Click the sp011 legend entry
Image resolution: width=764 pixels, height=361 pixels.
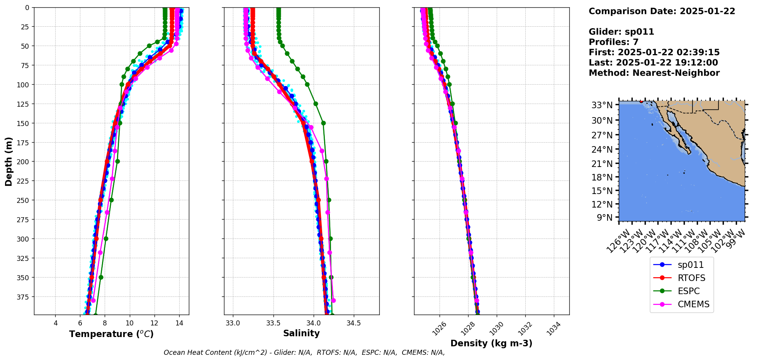pyautogui.click(x=690, y=265)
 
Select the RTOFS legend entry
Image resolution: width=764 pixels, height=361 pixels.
pyautogui.click(x=691, y=278)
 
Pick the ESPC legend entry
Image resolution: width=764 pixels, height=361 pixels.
pyautogui.click(x=688, y=291)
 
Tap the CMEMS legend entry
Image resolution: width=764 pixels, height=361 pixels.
pyautogui.click(x=693, y=304)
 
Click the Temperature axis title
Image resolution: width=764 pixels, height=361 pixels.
pyautogui.click(x=111, y=334)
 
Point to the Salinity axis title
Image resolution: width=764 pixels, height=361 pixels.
pyautogui.click(x=301, y=333)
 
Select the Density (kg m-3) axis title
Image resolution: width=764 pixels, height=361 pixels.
pyautogui.click(x=491, y=343)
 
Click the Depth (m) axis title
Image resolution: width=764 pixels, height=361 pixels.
pyautogui.click(x=8, y=161)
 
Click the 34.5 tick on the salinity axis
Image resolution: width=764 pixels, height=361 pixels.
pyautogui.click(x=354, y=323)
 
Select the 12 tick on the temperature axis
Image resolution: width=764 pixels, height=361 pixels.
pyautogui.click(x=154, y=323)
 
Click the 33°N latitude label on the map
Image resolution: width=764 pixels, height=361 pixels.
pyautogui.click(x=602, y=105)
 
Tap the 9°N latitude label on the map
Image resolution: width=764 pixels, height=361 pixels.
pyautogui.click(x=604, y=218)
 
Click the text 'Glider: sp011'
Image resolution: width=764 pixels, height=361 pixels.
pyautogui.click(x=621, y=32)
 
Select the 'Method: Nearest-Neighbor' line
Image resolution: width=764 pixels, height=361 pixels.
pyautogui.click(x=654, y=73)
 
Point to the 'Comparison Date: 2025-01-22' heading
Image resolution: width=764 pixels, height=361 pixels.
pyautogui.click(x=662, y=11)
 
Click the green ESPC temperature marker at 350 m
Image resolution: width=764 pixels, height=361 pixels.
pyautogui.click(x=101, y=277)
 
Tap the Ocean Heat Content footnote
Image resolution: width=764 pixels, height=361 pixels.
pyautogui.click(x=304, y=352)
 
